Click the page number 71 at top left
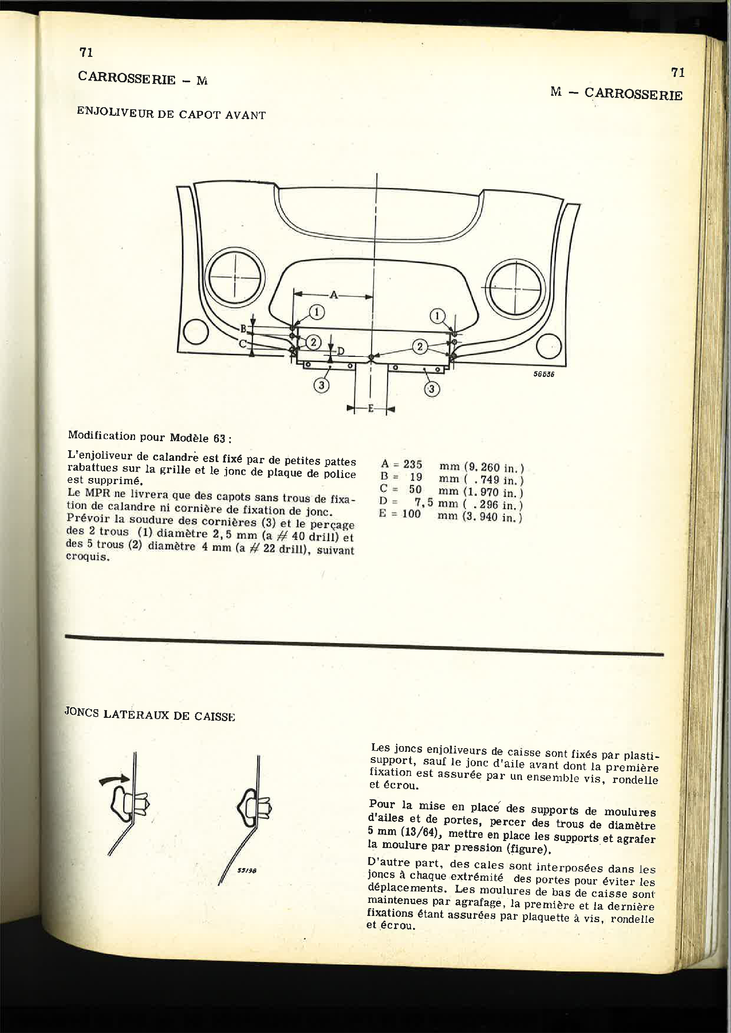[86, 53]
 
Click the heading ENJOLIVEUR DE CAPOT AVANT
[171, 113]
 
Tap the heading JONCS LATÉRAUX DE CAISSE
[149, 715]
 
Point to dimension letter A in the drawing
[334, 295]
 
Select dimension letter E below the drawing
[371, 409]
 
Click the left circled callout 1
[317, 312]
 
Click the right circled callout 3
[432, 388]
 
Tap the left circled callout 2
[313, 343]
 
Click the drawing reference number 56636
[544, 374]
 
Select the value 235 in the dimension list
[412, 465]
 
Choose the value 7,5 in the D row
[424, 503]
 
